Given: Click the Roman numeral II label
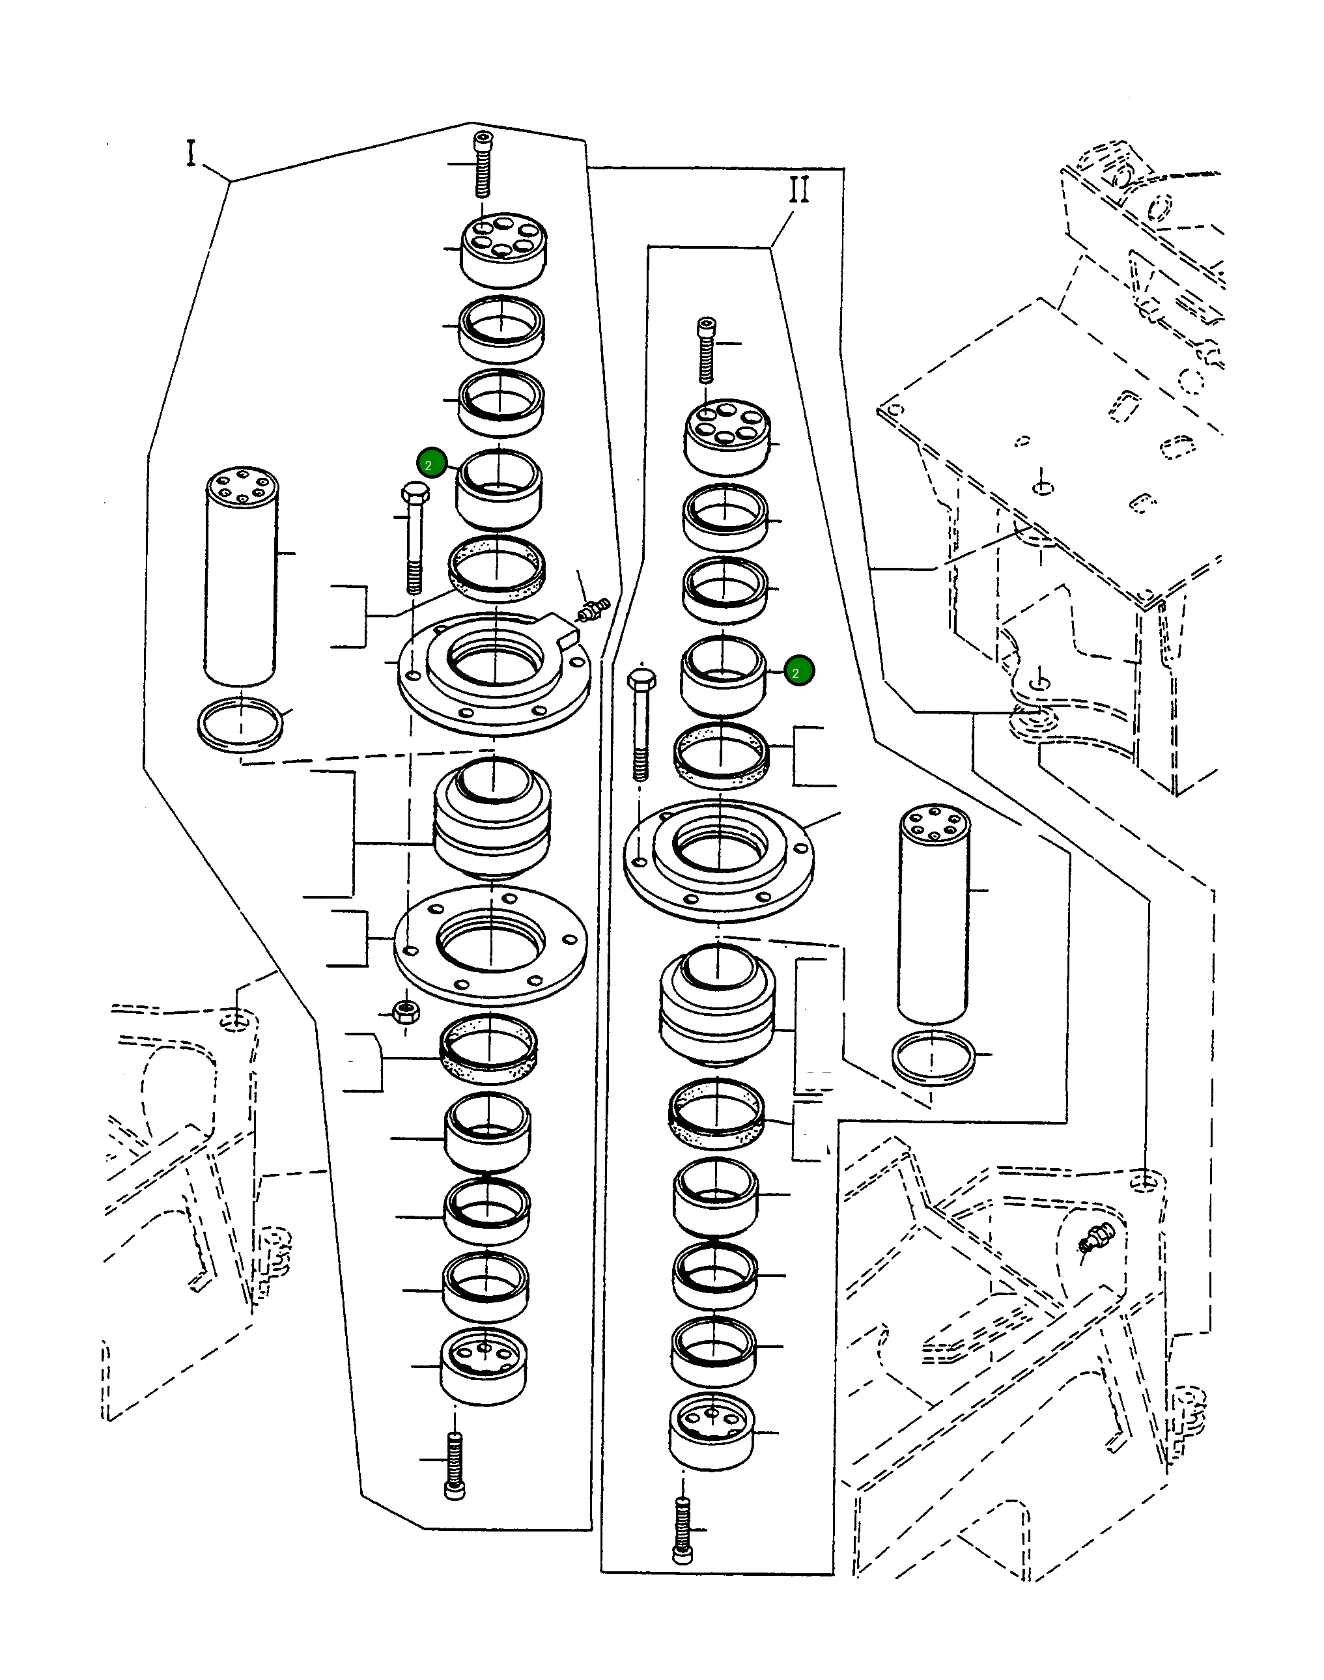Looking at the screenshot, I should coord(799,189).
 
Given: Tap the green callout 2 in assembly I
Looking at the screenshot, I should coord(431,464).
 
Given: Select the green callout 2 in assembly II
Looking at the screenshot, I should coord(798,671).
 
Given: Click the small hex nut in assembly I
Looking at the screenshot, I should coord(406,1011).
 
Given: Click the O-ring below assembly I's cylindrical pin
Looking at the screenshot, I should coord(240,723).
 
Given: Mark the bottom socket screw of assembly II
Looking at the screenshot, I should coord(682,1530).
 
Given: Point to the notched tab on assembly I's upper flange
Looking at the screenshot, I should coord(563,632).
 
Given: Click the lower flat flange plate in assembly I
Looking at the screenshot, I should coord(490,945).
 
